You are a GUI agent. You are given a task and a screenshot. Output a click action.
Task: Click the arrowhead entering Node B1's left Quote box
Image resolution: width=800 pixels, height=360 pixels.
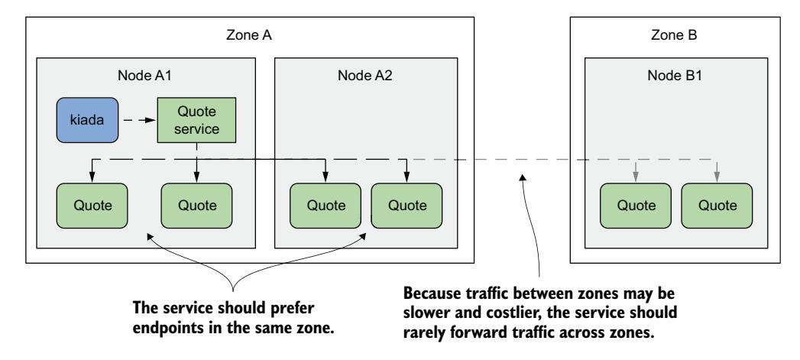point(635,179)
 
